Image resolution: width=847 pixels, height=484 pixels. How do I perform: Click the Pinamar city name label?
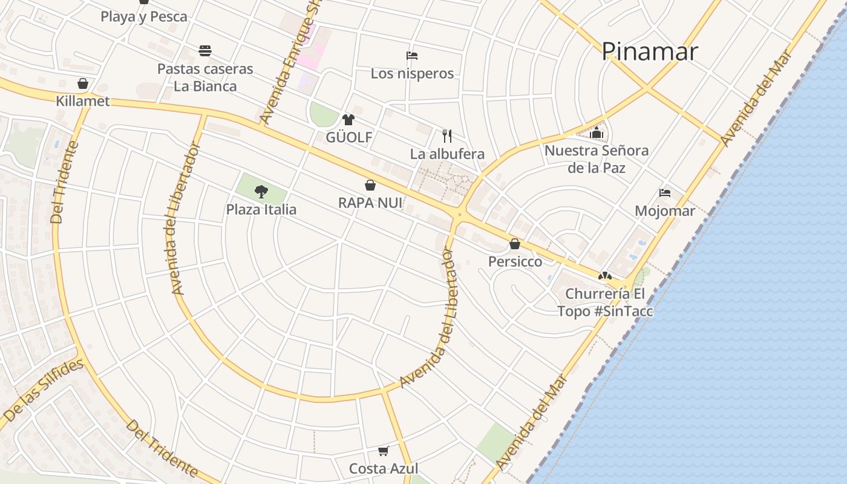click(x=649, y=51)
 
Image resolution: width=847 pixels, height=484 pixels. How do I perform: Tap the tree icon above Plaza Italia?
click(x=261, y=192)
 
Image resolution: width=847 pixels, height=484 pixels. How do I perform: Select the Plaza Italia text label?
click(x=261, y=209)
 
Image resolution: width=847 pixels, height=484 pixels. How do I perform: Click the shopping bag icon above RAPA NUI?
click(x=370, y=185)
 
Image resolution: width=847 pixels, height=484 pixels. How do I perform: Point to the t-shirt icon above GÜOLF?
click(x=348, y=120)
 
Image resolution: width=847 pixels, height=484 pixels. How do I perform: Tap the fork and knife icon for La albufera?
click(x=447, y=136)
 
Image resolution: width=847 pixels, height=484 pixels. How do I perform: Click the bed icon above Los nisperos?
click(x=412, y=56)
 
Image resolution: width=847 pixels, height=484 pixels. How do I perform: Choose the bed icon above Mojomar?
click(x=665, y=193)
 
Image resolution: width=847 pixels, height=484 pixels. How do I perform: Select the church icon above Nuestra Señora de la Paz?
click(x=597, y=132)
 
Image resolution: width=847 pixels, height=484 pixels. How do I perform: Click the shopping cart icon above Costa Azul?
click(x=383, y=451)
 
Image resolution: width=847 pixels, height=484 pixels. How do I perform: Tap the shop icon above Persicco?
click(x=515, y=244)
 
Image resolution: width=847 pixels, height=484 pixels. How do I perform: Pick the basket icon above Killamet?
click(x=83, y=83)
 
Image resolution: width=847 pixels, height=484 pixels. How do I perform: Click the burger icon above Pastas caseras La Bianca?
click(x=205, y=50)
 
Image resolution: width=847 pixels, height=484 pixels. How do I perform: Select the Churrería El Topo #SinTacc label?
click(x=605, y=302)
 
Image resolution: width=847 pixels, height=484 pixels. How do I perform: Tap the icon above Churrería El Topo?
click(x=604, y=276)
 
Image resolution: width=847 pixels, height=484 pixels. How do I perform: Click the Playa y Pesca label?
click(x=144, y=16)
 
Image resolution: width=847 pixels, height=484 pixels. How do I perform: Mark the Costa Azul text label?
click(x=384, y=468)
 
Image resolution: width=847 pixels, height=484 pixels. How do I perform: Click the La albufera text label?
click(x=447, y=154)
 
